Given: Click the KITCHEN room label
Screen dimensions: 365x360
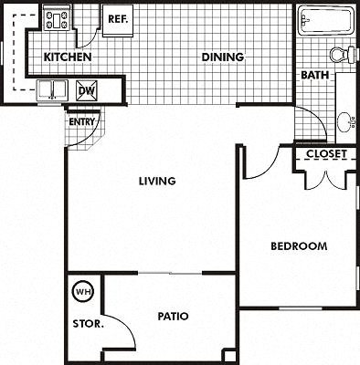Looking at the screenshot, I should click(69, 57).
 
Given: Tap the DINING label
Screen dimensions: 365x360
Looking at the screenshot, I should click(223, 57).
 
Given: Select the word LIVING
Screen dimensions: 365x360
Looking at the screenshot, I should click(157, 181).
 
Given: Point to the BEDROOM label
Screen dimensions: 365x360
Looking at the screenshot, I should click(299, 246).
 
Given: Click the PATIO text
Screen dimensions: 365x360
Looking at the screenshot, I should click(172, 317).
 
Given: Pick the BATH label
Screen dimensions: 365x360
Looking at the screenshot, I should click(314, 75).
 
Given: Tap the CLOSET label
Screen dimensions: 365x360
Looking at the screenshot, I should click(326, 154).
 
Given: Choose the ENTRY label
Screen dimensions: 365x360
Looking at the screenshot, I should click(81, 121).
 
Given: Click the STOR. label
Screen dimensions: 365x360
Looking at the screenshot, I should click(88, 323).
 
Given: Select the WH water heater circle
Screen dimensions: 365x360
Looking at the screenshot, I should click(84, 292).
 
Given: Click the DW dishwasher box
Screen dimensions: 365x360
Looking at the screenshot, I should click(87, 89).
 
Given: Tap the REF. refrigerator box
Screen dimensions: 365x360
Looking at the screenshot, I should click(118, 20).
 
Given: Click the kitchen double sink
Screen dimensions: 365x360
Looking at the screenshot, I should click(52, 89).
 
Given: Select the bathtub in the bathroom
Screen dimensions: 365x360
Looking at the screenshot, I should click(324, 21).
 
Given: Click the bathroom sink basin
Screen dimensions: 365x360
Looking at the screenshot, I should click(345, 120).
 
